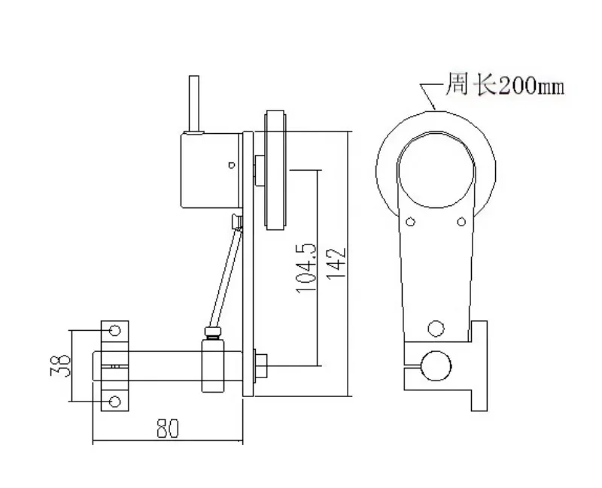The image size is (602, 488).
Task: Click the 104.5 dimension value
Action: coord(306,268)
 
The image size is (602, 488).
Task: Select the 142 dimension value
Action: coord(336,264)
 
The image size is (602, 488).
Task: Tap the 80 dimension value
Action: coord(168,428)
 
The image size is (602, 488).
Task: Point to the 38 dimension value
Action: coord(61,365)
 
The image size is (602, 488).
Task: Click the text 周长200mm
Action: coord(504,84)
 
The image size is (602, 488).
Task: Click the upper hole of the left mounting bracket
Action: coord(115,330)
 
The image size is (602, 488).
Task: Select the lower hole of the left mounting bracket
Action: coord(115,402)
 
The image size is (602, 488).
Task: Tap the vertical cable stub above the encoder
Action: coord(194,105)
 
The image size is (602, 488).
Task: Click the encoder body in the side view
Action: coord(211,171)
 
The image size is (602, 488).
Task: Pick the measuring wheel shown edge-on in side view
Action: coord(275,171)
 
